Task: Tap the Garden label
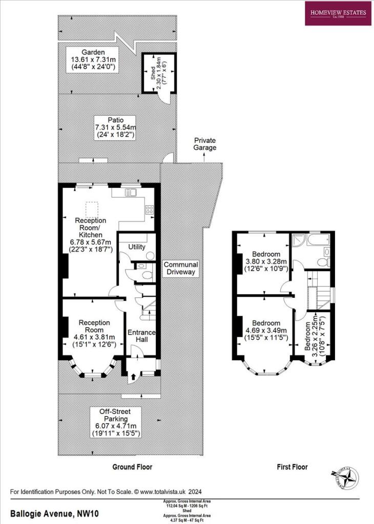93,52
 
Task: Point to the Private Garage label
205,144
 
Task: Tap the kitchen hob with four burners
150,209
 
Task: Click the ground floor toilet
147,275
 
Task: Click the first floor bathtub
314,239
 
